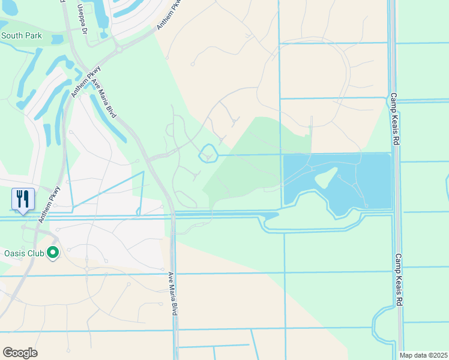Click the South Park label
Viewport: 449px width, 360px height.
[22, 35]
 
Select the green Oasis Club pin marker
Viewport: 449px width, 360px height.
[53, 253]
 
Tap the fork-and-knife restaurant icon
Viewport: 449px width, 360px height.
[23, 198]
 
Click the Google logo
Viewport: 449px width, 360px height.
[20, 353]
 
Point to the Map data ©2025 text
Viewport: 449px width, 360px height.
[423, 355]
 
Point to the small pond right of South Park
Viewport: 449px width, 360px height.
[57, 40]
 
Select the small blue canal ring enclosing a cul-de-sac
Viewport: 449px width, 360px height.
[208, 154]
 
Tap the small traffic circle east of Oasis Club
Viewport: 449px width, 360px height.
[87, 262]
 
